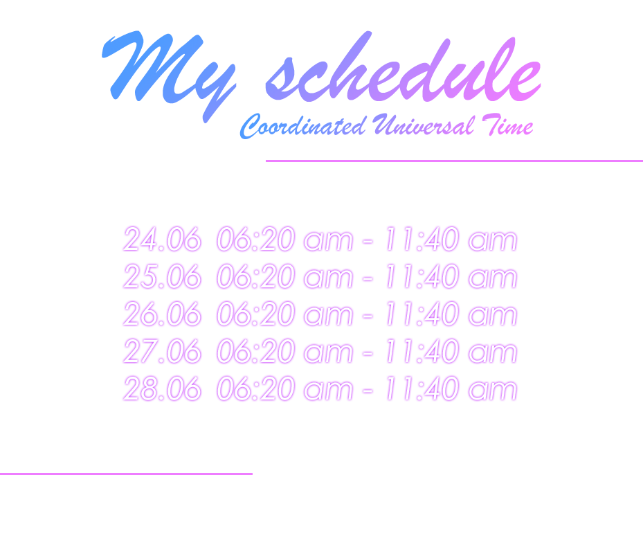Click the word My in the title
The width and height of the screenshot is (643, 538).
point(169,76)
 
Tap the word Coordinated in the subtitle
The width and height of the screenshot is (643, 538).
point(302,126)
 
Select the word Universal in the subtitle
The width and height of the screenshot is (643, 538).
point(424,125)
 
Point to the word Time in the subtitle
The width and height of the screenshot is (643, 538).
point(507,125)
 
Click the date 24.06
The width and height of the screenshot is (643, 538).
point(163,239)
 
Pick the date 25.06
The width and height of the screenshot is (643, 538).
point(163,276)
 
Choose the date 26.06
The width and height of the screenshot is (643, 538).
point(163,314)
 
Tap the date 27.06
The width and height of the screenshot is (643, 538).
point(163,351)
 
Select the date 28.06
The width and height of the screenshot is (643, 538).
point(163,388)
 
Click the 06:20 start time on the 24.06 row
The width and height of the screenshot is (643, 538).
point(256,239)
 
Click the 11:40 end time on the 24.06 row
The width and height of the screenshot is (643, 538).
point(422,239)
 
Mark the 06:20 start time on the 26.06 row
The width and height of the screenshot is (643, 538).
point(256,314)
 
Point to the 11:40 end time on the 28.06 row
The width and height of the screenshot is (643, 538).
point(422,388)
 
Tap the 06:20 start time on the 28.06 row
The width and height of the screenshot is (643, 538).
point(256,388)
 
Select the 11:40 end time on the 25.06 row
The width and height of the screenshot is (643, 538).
point(422,276)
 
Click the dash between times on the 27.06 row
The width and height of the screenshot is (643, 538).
point(368,353)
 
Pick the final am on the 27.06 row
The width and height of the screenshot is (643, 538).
point(493,354)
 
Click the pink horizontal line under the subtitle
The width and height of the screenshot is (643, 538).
point(454,161)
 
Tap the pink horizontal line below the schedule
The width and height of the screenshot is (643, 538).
point(126,474)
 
